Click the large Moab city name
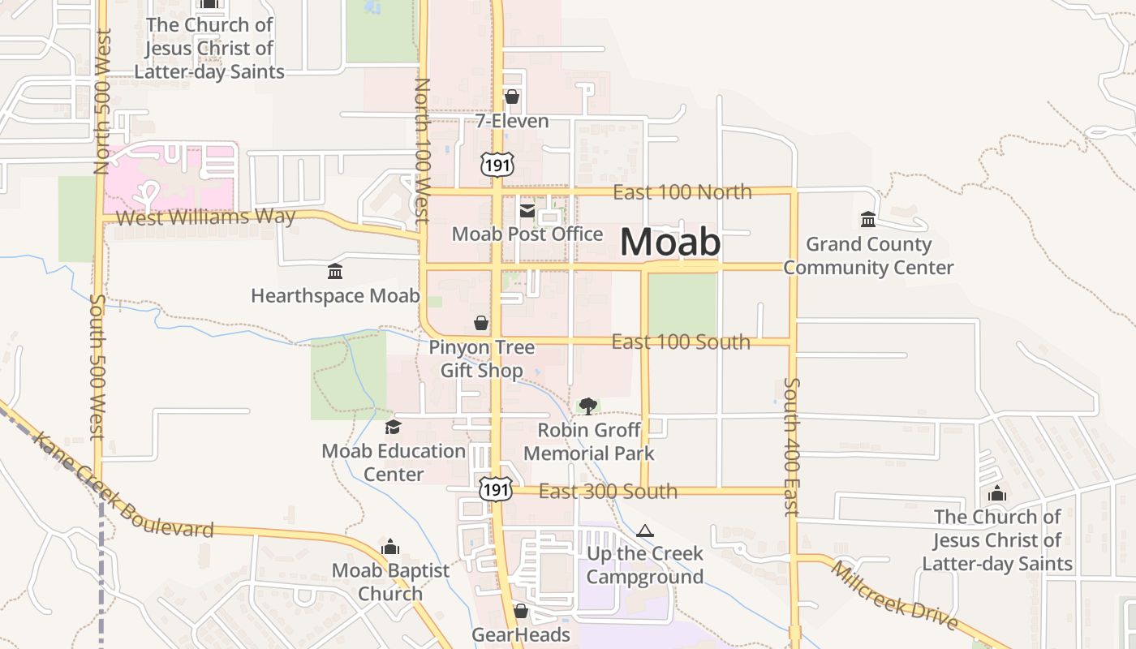coord(670,242)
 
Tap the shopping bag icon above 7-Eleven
coord(511,97)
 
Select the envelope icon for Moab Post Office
coord(527,211)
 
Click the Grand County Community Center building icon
coord(867,220)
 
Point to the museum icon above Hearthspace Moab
coord(334,272)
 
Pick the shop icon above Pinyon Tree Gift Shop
coord(481,323)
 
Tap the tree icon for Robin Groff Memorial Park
coord(588,406)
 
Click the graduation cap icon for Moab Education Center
coord(393,427)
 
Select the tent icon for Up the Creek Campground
coord(645,531)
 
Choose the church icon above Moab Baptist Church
coord(390,547)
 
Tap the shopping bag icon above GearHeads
coord(520,610)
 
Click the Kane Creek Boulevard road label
coord(122,488)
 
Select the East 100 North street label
coord(682,192)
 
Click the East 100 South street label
coord(680,342)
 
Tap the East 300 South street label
coord(608,492)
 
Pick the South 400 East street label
coord(792,446)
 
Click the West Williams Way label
coord(205,217)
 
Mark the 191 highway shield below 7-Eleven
coord(496,165)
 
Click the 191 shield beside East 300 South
coord(495,489)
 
